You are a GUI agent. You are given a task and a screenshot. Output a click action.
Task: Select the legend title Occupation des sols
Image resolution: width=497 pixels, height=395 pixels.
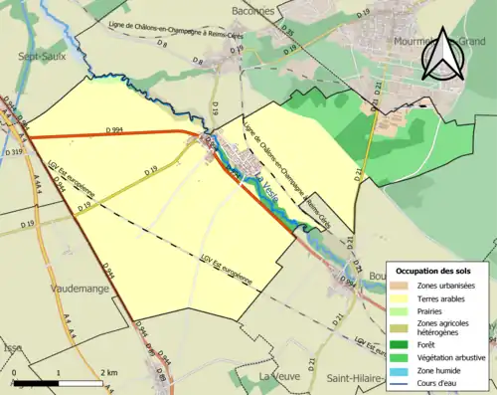click(x=434, y=271)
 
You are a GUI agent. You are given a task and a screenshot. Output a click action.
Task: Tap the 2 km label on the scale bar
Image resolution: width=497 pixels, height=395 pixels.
click(x=108, y=371)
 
